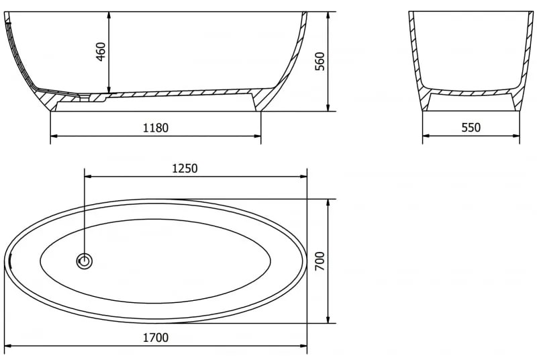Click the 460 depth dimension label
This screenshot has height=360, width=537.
click(x=101, y=52)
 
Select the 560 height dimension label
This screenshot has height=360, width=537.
click(x=320, y=61)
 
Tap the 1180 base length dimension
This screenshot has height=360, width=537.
click(x=156, y=128)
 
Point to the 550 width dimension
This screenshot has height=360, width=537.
click(x=471, y=128)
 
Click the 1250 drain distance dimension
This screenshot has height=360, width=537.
click(x=185, y=168)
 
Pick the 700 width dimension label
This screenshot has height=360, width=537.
click(x=320, y=261)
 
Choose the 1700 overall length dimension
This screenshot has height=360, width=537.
click(x=156, y=338)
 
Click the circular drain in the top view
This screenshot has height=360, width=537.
click(x=85, y=262)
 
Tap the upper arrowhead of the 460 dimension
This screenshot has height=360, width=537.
click(x=109, y=15)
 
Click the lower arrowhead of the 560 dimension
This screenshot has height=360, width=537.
click(x=328, y=107)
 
